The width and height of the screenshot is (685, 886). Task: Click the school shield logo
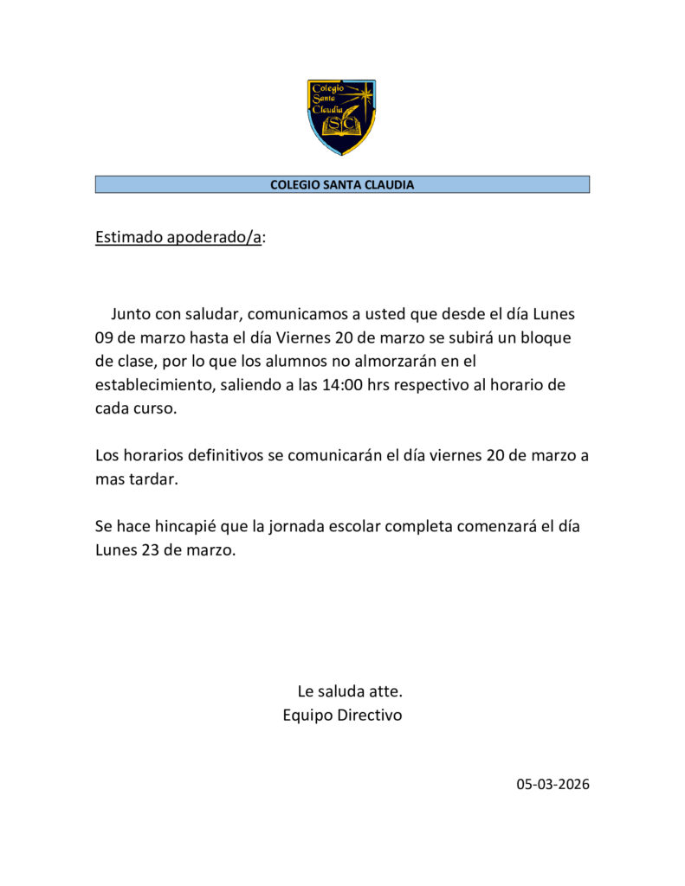pyautogui.click(x=342, y=117)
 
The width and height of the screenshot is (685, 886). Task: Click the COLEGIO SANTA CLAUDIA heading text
pyautogui.click(x=342, y=184)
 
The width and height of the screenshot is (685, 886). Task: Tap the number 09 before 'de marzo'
pyautogui.click(x=105, y=337)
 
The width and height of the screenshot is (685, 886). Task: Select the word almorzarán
pyautogui.click(x=382, y=361)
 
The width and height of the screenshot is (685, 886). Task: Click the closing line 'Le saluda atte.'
pyautogui.click(x=350, y=691)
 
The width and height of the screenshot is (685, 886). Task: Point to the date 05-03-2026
pyautogui.click(x=553, y=785)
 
